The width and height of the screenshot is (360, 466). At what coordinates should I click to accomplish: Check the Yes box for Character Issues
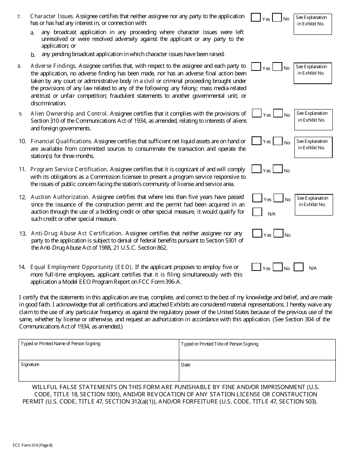[256, 17]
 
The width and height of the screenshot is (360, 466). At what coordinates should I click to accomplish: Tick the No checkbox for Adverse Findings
[277, 67]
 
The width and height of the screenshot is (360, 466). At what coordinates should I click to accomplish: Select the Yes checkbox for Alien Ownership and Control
[257, 113]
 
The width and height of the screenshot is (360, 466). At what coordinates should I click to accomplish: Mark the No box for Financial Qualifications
[278, 141]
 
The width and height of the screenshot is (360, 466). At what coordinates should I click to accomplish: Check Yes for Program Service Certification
[257, 169]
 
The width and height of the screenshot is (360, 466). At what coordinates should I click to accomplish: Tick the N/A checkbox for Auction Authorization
[257, 212]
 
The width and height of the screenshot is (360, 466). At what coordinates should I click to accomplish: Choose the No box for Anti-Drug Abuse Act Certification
[278, 234]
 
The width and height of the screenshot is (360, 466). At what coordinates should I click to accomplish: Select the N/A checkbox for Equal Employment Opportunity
[299, 267]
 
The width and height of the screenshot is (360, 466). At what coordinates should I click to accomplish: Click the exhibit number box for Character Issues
[313, 24]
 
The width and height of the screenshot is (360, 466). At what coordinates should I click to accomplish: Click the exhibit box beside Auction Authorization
[314, 205]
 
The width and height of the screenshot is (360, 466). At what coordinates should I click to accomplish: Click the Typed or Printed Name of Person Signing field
[99, 350]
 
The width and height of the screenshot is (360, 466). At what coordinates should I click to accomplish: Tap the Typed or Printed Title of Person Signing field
[257, 350]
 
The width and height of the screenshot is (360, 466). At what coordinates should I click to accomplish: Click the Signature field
[99, 371]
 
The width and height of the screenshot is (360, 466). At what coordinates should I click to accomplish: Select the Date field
[257, 371]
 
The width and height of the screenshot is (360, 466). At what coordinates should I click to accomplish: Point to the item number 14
[22, 267]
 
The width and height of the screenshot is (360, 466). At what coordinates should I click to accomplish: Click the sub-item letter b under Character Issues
[33, 55]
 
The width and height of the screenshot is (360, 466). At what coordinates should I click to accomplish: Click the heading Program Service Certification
[69, 169]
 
